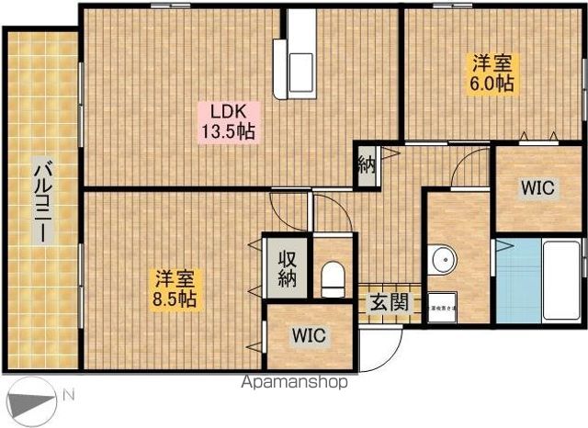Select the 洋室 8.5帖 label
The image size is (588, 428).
174,287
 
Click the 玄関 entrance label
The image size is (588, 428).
385,300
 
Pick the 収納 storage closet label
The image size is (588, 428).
286,265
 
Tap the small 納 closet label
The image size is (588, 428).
366,166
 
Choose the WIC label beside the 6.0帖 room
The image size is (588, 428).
537,188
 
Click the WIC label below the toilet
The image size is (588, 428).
309,336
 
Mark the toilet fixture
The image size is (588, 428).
333,276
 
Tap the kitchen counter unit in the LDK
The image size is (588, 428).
300,57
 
